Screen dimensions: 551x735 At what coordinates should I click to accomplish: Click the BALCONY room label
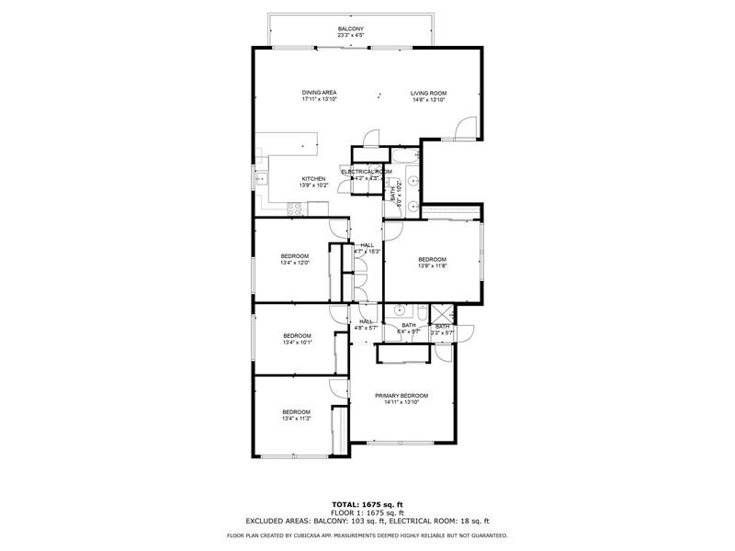pyautogui.click(x=350, y=29)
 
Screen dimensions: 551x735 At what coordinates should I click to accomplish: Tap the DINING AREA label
pyautogui.click(x=320, y=93)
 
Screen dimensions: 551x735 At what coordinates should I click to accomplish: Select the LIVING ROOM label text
pyautogui.click(x=427, y=93)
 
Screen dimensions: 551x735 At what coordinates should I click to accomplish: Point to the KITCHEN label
pyautogui.click(x=313, y=179)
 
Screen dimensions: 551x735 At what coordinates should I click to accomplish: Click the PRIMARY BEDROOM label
pyautogui.click(x=401, y=396)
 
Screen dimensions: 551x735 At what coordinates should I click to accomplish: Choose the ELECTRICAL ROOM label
pyautogui.click(x=367, y=172)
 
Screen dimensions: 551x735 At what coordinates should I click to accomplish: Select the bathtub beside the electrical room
pyautogui.click(x=413, y=179)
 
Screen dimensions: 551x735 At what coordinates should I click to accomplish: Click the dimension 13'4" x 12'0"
pyautogui.click(x=295, y=263)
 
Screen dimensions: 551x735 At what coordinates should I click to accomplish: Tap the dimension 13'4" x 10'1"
pyautogui.click(x=297, y=343)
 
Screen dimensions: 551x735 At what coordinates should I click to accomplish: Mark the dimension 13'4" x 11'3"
pyautogui.click(x=296, y=419)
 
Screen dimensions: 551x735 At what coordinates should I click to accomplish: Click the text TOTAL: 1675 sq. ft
pyautogui.click(x=367, y=504)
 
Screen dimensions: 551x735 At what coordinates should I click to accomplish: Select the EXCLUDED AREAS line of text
pyautogui.click(x=367, y=521)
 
